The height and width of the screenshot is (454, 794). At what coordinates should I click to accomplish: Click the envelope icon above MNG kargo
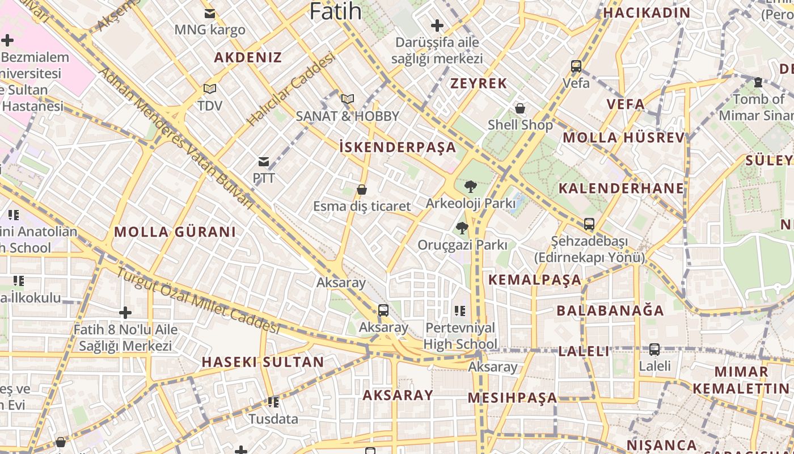[210, 13]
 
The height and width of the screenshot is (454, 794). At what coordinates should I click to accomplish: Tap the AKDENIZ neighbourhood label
[248, 57]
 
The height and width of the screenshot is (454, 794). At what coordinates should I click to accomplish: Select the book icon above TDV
[210, 89]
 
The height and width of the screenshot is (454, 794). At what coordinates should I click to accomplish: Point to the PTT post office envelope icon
[264, 162]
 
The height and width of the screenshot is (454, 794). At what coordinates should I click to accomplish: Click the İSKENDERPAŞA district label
[398, 148]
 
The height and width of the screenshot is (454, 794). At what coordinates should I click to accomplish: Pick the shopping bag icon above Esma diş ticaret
[362, 190]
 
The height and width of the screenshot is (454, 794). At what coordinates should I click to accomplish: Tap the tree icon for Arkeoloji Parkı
[470, 186]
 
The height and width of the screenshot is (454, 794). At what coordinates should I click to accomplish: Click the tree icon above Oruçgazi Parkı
[462, 228]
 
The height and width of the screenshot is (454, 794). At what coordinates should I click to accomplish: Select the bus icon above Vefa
[576, 66]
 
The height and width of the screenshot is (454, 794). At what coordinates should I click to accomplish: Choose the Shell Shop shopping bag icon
[520, 108]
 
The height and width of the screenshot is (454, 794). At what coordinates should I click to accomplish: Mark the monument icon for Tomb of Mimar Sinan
[758, 82]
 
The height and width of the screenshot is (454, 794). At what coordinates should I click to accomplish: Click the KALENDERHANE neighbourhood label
[621, 188]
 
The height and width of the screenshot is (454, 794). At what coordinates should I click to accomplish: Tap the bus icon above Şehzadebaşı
[589, 224]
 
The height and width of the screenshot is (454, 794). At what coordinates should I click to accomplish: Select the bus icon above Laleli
[654, 350]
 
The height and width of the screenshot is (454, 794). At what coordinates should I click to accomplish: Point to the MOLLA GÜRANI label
[175, 232]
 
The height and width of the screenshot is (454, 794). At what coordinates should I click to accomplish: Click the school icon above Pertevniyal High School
[460, 310]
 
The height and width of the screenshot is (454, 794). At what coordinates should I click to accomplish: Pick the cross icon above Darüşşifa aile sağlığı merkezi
[437, 26]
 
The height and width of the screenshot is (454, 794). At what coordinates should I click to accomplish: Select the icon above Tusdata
[273, 402]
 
